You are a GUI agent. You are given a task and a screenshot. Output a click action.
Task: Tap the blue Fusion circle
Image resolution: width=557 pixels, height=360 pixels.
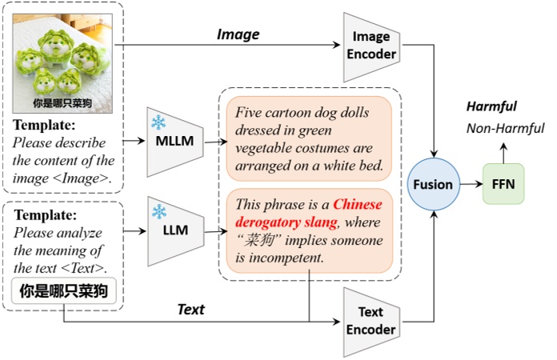(433, 184)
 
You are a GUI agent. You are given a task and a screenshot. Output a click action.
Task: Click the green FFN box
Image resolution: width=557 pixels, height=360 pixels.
(503, 184)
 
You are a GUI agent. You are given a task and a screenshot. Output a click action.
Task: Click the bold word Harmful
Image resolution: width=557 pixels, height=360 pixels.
(492, 106)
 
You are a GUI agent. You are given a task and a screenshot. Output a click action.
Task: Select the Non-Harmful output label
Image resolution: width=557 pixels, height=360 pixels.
(506, 128)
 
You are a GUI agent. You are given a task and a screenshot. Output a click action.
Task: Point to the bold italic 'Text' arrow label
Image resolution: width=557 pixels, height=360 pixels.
(190, 310)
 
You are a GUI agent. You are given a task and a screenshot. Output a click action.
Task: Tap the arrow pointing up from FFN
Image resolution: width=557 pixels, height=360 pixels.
(503, 151)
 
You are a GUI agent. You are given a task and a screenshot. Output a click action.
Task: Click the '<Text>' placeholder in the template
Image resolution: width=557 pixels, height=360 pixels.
(90, 268)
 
